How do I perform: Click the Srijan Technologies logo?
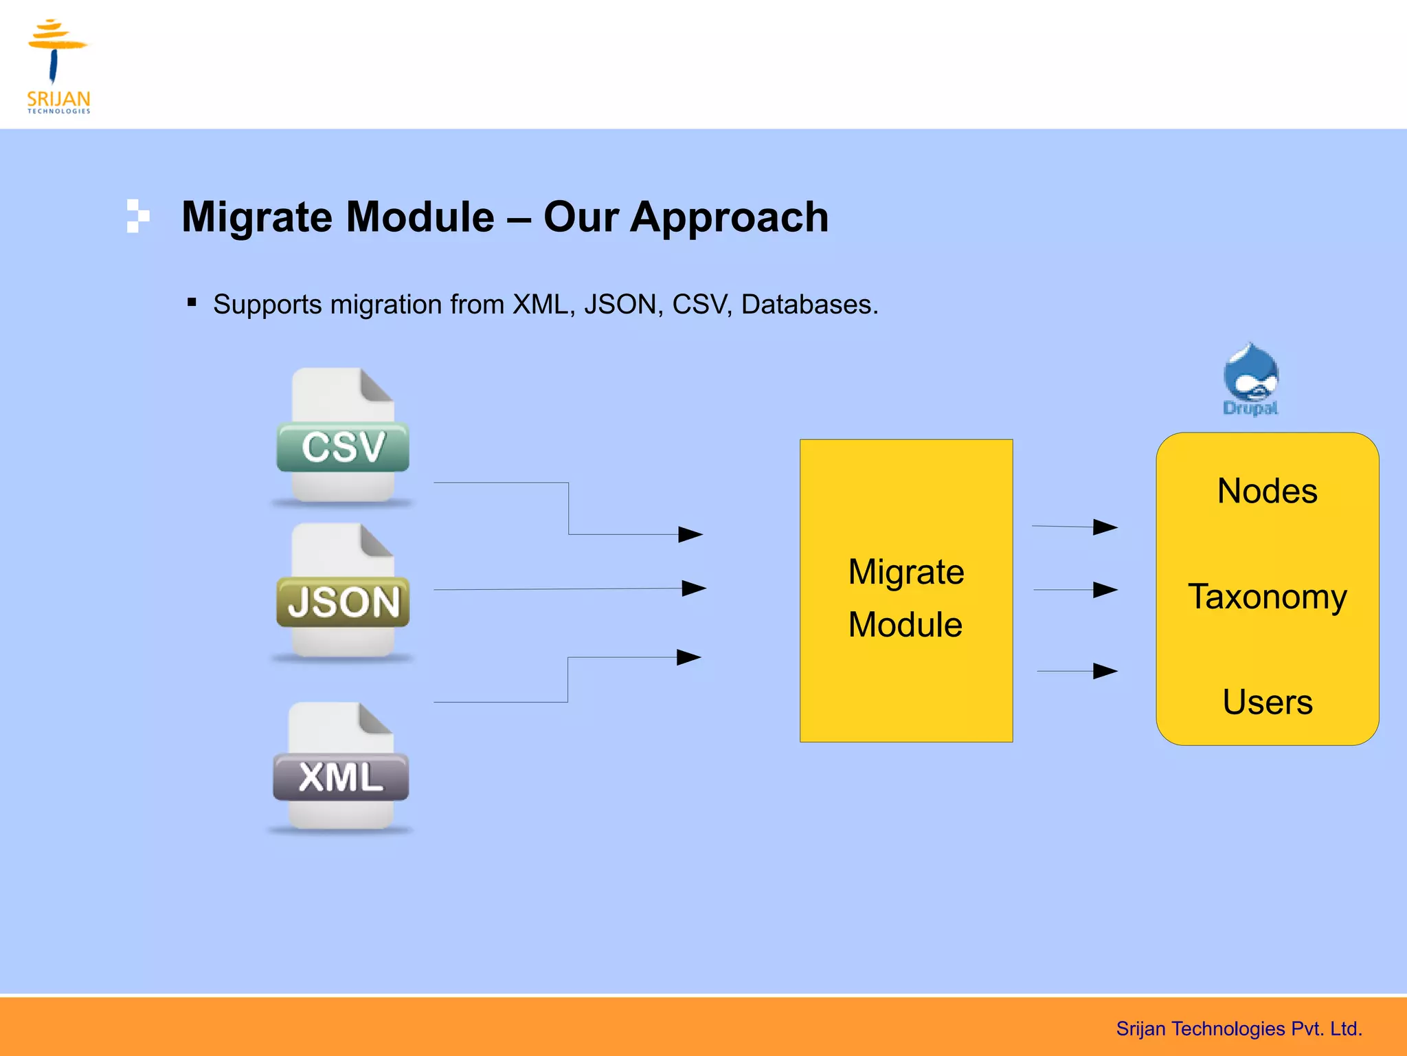[58, 66]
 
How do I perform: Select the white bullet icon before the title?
[137, 216]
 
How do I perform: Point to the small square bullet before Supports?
[192, 302]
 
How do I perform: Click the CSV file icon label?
[343, 447]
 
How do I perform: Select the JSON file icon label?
[343, 602]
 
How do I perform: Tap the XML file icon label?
[341, 778]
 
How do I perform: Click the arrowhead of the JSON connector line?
[694, 588]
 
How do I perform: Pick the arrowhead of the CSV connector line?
[690, 534]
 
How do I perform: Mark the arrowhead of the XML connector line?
[689, 657]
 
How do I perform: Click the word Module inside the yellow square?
[905, 625]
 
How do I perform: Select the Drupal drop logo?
[1250, 378]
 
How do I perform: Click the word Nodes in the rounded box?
[1267, 492]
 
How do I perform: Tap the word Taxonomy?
[1267, 597]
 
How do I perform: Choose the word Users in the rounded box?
[1267, 703]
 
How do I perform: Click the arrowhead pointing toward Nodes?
[1105, 527]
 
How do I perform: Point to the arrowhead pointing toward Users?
[1105, 670]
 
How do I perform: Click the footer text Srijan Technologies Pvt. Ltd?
[1239, 1028]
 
